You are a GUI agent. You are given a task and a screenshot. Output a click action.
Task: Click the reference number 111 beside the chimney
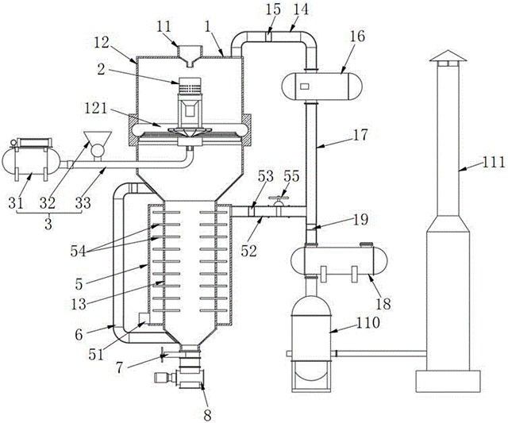point(494,162)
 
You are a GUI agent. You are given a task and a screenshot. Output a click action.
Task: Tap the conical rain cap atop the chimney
point(448,56)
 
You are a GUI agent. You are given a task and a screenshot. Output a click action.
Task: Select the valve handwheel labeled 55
point(278,198)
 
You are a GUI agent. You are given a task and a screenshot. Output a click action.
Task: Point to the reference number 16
point(358,37)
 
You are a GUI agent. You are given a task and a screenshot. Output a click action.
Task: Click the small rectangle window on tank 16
point(305,87)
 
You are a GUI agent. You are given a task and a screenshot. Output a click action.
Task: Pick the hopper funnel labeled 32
point(98,139)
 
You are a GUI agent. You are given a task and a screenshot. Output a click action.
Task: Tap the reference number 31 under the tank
point(16,203)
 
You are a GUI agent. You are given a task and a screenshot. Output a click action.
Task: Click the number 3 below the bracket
point(48,224)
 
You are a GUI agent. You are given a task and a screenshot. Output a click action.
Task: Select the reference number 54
point(79,251)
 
